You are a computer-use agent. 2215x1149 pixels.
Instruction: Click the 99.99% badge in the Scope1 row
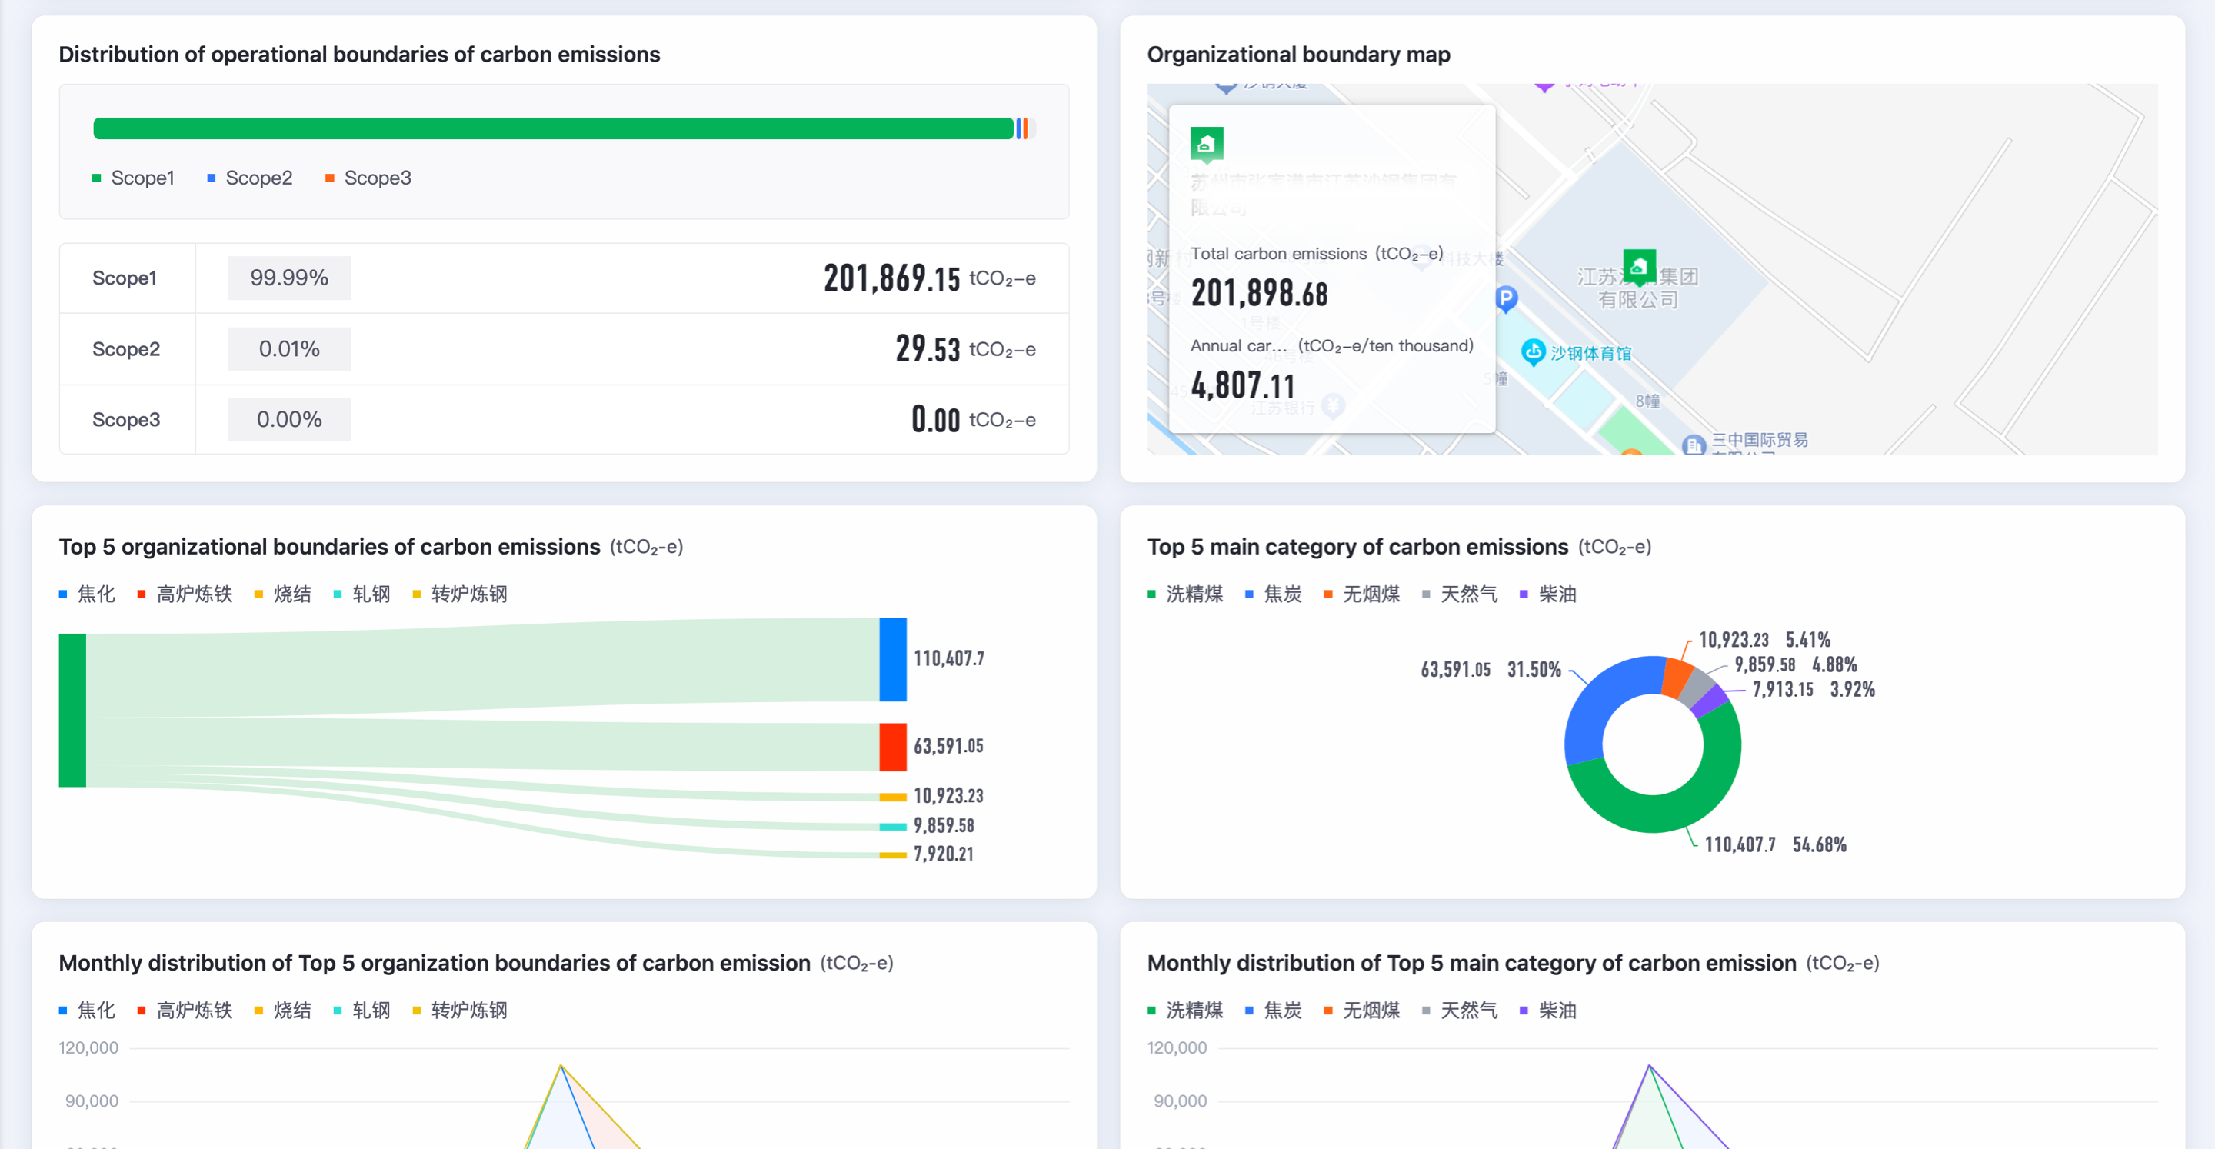coord(289,278)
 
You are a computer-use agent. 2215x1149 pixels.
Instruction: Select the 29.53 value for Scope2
coord(927,349)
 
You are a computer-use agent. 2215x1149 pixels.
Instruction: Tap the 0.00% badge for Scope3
coord(289,420)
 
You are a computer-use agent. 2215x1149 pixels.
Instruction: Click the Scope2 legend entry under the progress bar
coord(258,178)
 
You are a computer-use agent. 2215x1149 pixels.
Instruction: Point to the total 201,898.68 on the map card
coord(1259,294)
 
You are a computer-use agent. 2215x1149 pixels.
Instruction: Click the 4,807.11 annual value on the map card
coord(1243,386)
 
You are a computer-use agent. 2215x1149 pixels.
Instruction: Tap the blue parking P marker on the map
coord(1507,298)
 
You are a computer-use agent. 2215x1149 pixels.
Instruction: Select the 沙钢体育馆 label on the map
coord(1590,354)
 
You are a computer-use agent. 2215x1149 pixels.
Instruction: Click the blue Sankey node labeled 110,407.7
coord(892,659)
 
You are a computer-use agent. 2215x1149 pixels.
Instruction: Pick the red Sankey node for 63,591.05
coord(892,747)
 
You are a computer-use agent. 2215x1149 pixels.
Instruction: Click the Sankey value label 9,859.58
coord(943,826)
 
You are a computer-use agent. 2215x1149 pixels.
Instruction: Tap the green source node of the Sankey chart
coord(72,711)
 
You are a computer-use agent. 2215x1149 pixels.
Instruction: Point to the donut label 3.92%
coord(1852,690)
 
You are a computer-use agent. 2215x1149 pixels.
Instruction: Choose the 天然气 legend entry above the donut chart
coord(1467,594)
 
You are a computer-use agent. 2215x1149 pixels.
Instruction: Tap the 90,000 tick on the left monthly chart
coord(92,1101)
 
